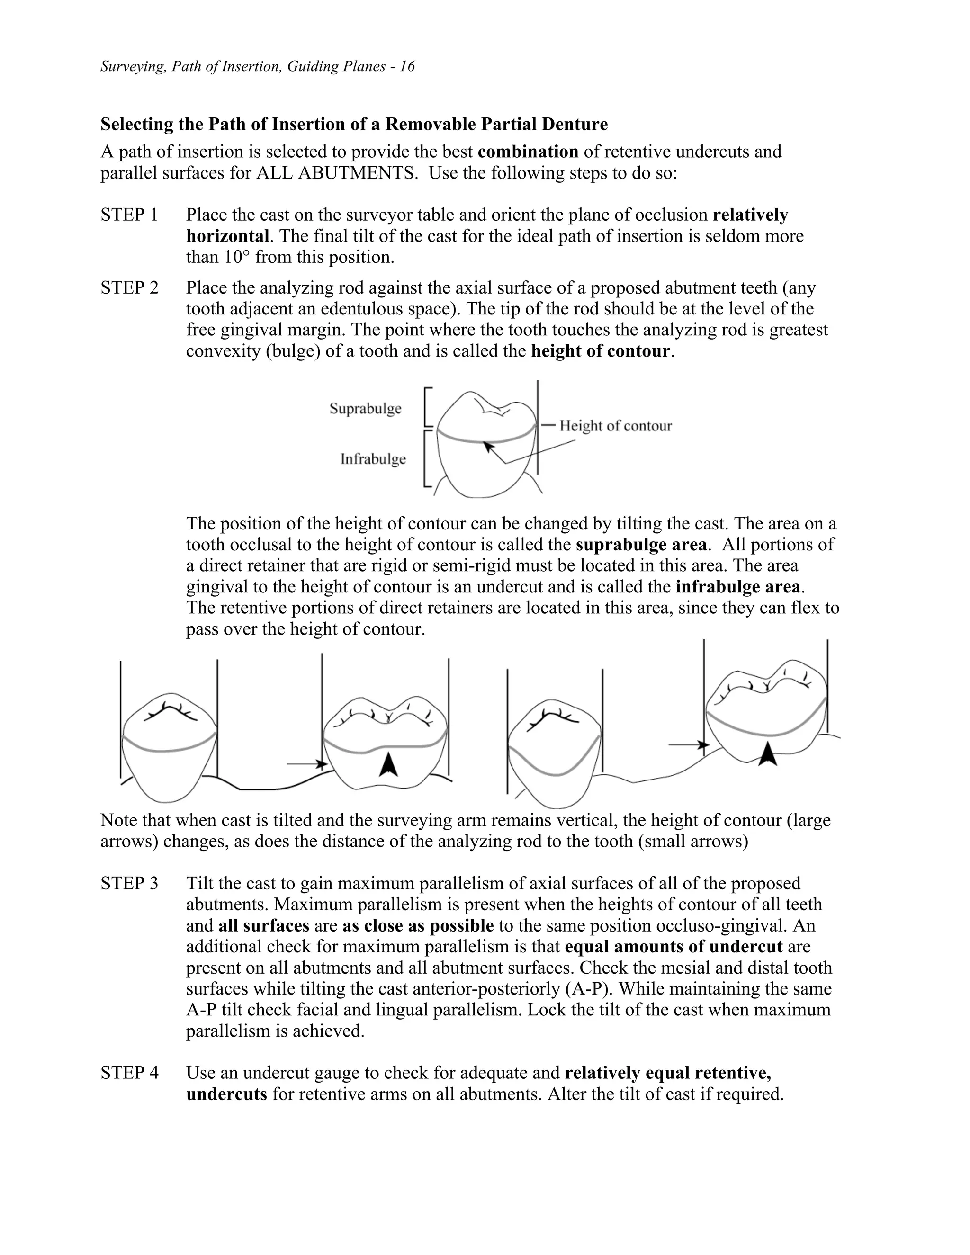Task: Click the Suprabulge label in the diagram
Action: click(x=366, y=409)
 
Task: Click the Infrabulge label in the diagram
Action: click(x=373, y=459)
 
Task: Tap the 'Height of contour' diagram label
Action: click(x=615, y=426)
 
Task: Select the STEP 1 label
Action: click(x=129, y=215)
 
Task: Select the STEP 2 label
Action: click(x=129, y=288)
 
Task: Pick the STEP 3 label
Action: click(x=129, y=883)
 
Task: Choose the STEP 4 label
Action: click(x=129, y=1073)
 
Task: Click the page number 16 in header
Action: click(x=407, y=67)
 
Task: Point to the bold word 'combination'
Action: click(x=528, y=152)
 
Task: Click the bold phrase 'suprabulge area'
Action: click(x=641, y=545)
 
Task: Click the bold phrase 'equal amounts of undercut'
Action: click(x=674, y=946)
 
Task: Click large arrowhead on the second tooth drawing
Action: click(x=388, y=764)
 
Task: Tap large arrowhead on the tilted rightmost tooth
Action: click(x=768, y=754)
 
